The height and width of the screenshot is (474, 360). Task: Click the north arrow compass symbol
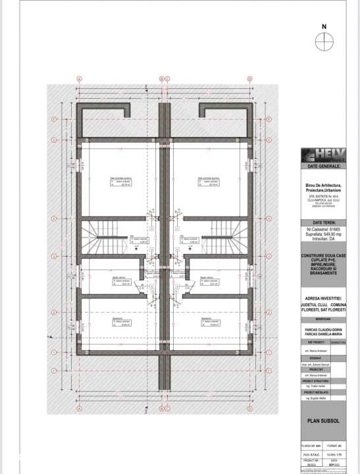pyautogui.click(x=323, y=41)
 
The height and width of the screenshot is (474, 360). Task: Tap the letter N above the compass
pyautogui.click(x=323, y=28)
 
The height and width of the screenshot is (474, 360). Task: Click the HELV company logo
pyautogui.click(x=323, y=157)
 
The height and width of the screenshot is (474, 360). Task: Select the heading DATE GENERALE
pyautogui.click(x=323, y=167)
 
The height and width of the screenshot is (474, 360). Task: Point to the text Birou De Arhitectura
pyautogui.click(x=323, y=187)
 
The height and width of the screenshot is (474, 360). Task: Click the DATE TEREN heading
pyautogui.click(x=323, y=223)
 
